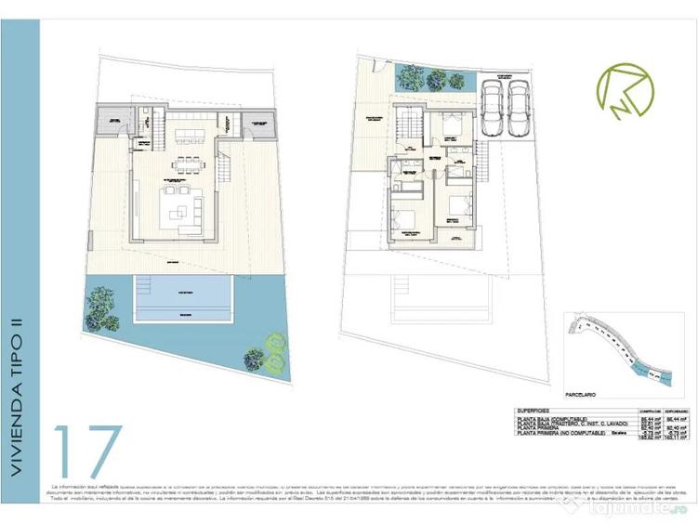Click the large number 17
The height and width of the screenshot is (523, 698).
coord(88,452)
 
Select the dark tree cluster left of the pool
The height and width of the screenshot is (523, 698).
coord(102,307)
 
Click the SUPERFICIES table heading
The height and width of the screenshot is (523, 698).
coord(535,410)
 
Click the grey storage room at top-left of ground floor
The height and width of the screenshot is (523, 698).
coord(117,120)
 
